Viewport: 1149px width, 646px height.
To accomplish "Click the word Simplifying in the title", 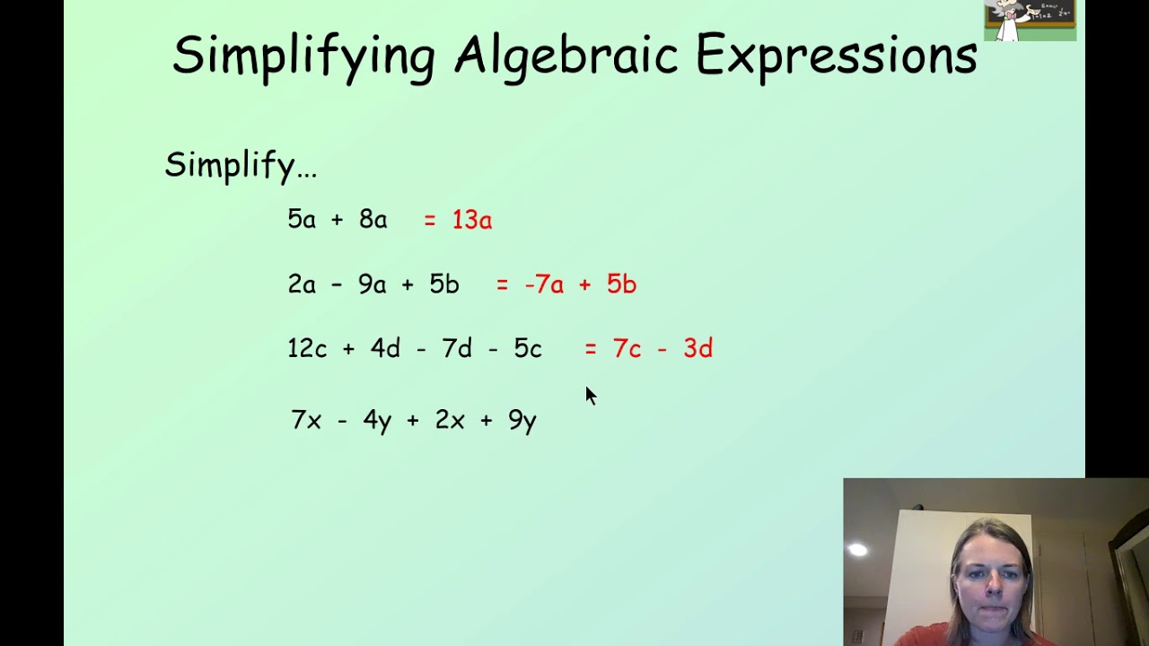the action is (x=304, y=58).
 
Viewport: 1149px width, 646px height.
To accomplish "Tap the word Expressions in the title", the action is (x=837, y=57).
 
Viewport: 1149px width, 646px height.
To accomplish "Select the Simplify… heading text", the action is (x=241, y=166).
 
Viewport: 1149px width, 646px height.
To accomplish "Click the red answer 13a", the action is (x=472, y=220).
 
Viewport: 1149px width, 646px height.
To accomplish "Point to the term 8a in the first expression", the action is (x=373, y=219).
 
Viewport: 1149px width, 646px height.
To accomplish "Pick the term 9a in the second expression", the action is (x=372, y=284).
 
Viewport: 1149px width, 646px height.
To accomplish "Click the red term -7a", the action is (x=544, y=284).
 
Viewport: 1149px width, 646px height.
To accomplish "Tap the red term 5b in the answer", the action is (x=622, y=284).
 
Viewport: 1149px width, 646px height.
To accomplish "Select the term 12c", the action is (x=307, y=348).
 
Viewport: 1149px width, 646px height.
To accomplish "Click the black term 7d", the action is (x=457, y=348).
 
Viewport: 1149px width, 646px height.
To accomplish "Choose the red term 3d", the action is (x=698, y=348).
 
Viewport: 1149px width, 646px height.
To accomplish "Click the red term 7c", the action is (x=627, y=349).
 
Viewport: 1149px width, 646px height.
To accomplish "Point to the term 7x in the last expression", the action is (x=306, y=420).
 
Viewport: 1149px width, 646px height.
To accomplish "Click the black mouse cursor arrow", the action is (x=591, y=396).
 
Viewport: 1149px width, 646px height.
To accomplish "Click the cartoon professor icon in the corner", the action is (x=1030, y=20).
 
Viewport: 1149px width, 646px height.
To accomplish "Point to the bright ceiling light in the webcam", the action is (x=857, y=550).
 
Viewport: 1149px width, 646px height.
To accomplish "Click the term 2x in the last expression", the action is (x=450, y=420).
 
